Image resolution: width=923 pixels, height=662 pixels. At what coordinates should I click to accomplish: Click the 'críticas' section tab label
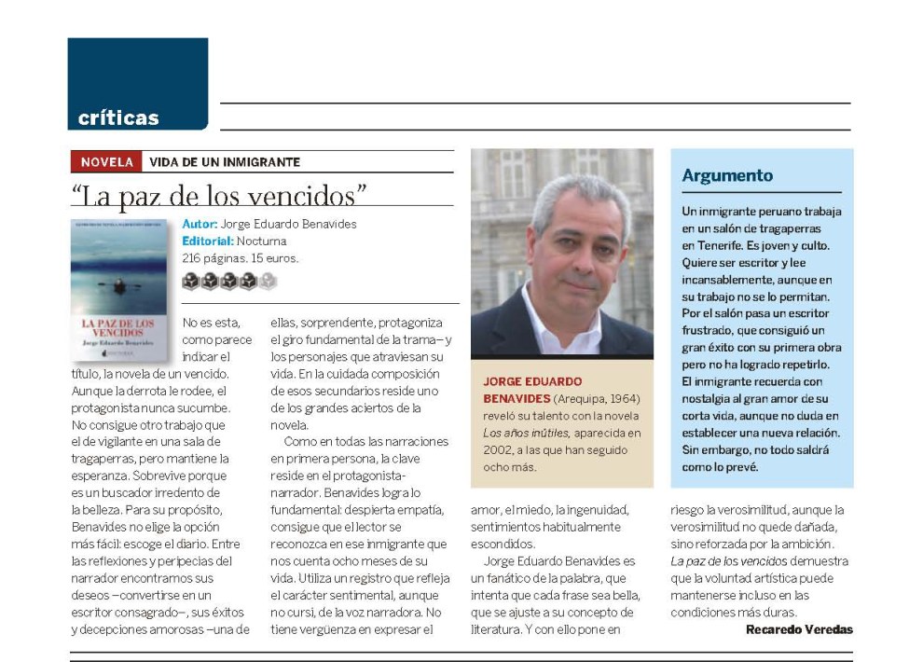tap(118, 118)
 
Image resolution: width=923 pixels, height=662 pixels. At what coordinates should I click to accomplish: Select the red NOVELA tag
tap(106, 162)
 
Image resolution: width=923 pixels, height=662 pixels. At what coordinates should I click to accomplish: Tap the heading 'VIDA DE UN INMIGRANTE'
tap(224, 162)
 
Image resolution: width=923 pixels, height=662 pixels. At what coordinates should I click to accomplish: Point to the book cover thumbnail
tap(118, 290)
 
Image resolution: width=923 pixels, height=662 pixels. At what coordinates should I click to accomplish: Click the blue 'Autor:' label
tap(200, 225)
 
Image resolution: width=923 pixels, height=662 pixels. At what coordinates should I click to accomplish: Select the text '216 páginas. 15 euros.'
tap(241, 258)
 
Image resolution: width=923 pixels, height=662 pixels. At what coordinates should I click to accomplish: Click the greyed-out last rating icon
tap(268, 281)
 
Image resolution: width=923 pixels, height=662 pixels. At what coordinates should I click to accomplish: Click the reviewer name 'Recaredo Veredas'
tap(799, 629)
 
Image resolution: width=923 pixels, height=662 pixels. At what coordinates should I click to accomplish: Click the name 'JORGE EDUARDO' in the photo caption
tap(532, 381)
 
